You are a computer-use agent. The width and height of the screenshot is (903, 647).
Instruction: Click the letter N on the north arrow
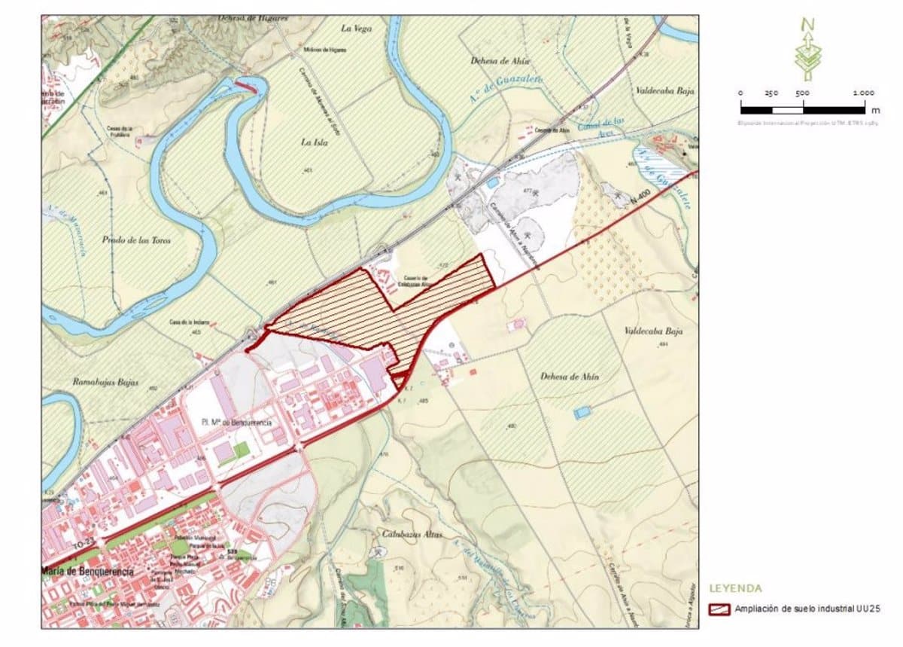(x=807, y=24)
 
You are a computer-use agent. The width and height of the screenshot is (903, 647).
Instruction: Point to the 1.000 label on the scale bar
(x=863, y=93)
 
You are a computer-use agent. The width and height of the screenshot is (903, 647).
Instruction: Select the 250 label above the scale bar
(x=771, y=93)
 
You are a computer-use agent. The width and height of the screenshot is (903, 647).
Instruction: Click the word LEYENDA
(x=736, y=588)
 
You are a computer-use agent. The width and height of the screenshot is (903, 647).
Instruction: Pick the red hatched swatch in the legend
(x=719, y=609)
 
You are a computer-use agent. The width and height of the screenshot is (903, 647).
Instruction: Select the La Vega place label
(x=357, y=29)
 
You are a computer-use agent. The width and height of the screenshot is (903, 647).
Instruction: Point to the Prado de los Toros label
(x=136, y=240)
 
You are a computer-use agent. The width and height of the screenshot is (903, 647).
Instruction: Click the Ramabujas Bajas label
(x=106, y=383)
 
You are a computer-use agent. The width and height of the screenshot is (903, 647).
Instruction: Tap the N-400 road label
(x=640, y=198)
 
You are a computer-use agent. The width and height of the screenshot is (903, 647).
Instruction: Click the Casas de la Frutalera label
(x=119, y=132)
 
